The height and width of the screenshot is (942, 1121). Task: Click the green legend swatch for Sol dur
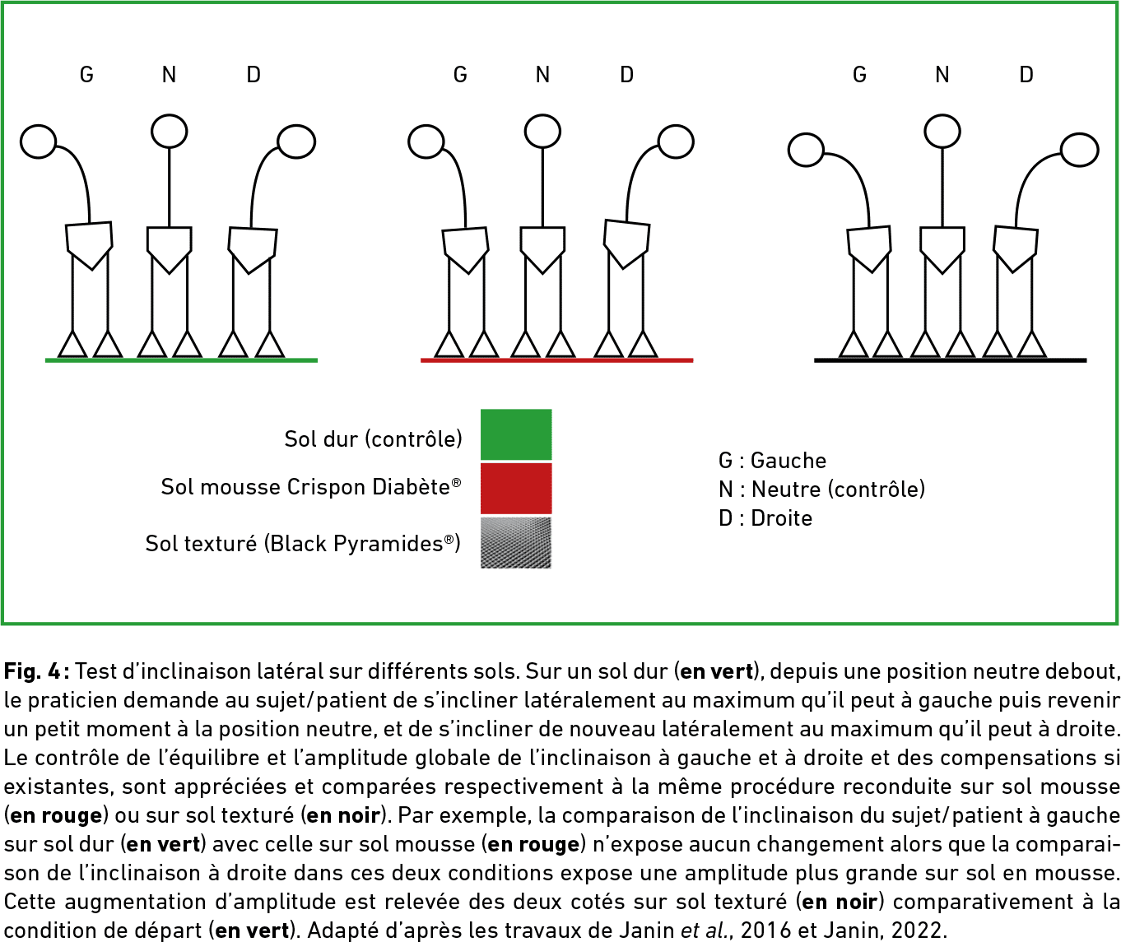[516, 434]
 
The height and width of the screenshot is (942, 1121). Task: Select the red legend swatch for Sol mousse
[516, 489]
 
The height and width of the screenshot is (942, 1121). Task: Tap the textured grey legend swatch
[516, 543]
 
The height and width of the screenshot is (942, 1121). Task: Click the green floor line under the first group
[181, 360]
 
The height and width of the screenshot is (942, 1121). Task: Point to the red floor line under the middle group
[556, 360]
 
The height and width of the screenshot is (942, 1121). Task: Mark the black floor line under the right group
[951, 360]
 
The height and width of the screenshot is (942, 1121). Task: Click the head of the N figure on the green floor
[169, 131]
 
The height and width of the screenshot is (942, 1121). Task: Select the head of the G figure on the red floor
[426, 142]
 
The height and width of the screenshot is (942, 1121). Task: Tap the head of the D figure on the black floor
[1080, 150]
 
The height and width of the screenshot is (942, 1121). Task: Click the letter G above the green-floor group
[86, 75]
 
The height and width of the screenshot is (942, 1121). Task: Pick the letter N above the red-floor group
[542, 75]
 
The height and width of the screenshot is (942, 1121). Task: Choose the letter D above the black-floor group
[1026, 75]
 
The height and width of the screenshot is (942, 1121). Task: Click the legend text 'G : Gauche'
[772, 461]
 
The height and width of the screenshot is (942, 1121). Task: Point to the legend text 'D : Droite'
[765, 518]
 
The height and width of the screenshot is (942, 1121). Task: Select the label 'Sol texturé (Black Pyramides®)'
[303, 544]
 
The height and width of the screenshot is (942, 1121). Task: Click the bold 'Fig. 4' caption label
[33, 671]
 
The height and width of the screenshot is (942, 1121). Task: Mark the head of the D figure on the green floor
[296, 142]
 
